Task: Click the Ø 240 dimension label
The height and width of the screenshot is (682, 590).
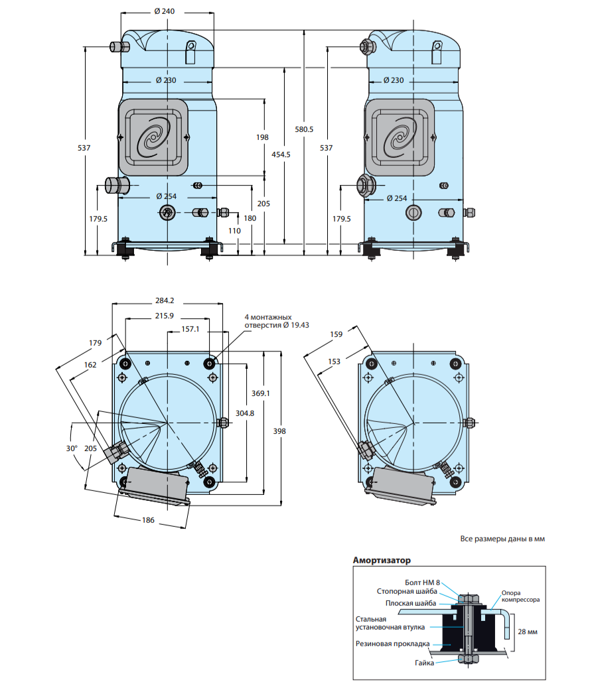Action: [165, 11]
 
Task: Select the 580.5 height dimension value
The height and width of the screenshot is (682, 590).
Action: [304, 129]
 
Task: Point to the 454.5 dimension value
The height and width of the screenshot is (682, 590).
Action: [282, 154]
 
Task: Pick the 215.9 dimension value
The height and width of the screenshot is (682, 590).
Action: [164, 315]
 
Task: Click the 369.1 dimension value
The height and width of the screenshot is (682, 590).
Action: [260, 393]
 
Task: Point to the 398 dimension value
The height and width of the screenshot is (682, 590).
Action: [279, 431]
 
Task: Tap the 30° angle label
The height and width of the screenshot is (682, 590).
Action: [72, 448]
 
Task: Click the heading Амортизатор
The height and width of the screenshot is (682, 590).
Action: [382, 560]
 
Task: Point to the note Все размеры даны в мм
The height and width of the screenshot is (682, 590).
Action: [502, 539]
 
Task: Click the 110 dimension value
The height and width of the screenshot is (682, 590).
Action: [234, 230]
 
